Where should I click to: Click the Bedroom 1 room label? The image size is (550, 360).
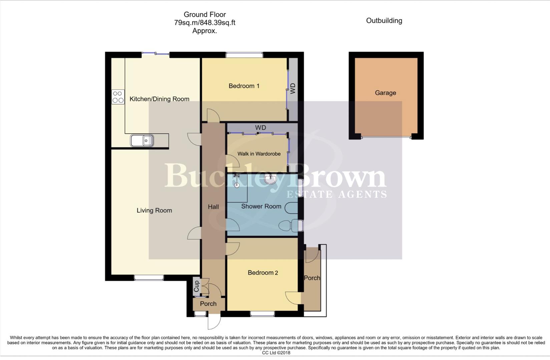click(x=244, y=86)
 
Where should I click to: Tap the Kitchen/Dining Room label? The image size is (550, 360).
click(x=159, y=99)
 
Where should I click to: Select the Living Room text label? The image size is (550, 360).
click(x=154, y=210)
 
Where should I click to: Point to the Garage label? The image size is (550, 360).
click(x=385, y=93)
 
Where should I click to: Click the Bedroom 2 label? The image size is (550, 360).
click(x=263, y=273)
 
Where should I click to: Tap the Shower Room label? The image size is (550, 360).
click(x=261, y=206)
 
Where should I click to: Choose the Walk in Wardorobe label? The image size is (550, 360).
click(x=259, y=154)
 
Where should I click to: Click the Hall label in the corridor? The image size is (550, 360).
click(x=213, y=207)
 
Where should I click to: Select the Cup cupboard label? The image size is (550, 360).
click(x=197, y=286)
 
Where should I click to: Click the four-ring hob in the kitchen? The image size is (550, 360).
click(x=118, y=97)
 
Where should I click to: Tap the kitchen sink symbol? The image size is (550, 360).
click(x=142, y=141)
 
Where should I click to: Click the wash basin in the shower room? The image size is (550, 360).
click(x=270, y=179)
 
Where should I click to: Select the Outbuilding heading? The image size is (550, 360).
click(x=384, y=21)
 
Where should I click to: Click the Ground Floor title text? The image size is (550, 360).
click(x=204, y=15)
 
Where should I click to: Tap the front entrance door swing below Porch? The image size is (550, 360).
click(x=214, y=321)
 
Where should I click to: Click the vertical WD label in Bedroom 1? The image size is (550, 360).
click(x=293, y=89)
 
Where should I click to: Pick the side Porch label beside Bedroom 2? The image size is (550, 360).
click(x=312, y=278)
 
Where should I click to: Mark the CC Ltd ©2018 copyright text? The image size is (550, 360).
click(x=276, y=353)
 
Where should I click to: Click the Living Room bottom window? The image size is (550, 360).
click(x=149, y=277)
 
